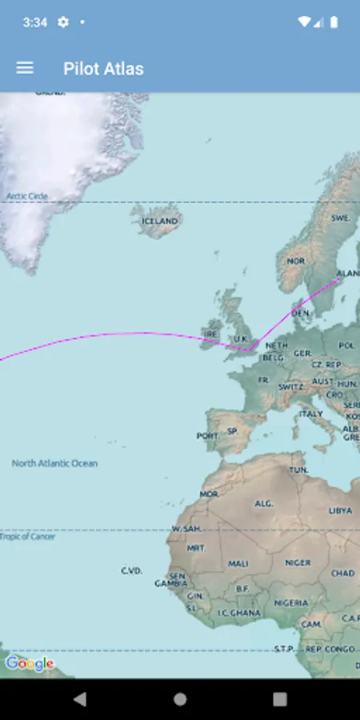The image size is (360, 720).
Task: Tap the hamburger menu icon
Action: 25,68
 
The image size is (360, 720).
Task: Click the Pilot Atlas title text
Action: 103,69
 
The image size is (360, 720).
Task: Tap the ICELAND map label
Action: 160,221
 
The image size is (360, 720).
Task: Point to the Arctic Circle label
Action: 27,196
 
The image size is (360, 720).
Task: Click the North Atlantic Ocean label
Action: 54,463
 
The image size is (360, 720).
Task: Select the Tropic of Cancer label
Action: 28,537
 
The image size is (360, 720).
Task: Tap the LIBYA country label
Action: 340,510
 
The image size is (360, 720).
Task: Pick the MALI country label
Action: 238,563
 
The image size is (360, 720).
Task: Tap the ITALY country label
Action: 310,414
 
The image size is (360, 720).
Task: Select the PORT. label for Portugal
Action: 207,436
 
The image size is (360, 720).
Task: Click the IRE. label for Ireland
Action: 211,334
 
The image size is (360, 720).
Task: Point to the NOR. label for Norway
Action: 296,261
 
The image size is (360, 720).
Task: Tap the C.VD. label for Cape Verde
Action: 131,570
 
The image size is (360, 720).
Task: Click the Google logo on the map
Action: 30,664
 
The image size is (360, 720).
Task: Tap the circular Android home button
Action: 180,699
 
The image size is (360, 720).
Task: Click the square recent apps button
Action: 279,699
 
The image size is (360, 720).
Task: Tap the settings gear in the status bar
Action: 63,22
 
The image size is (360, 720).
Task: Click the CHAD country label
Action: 342,573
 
